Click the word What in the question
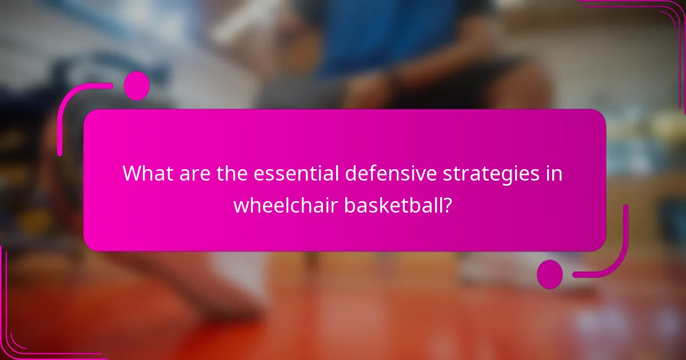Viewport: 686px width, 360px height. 145,173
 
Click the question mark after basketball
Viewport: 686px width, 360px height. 449,204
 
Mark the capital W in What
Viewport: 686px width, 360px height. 131,173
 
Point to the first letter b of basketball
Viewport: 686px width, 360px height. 348,204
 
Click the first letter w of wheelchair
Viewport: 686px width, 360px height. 240,205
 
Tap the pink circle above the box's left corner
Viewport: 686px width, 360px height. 137,86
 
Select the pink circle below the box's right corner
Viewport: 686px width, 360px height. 549,274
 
